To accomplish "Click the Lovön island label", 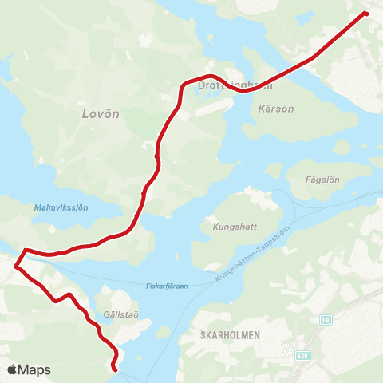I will coord(101,114).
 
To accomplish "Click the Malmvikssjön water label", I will coord(61,207).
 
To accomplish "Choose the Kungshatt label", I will coord(235,226).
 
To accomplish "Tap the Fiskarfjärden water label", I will coord(167,286).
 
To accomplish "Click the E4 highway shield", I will coord(326,320).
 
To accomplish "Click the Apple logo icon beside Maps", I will coord(13,369).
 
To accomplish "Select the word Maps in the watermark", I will coord(35,370).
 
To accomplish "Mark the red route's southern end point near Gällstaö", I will coord(116,369).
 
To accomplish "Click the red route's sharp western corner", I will coord(15,257).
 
